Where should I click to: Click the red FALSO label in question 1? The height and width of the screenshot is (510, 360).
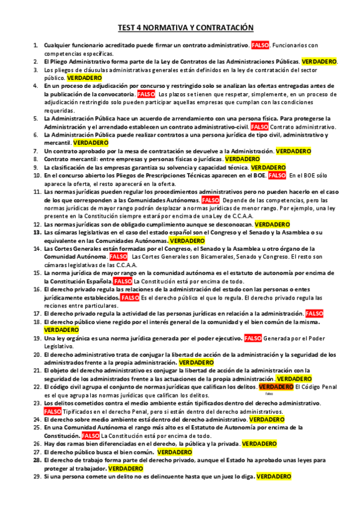[x=260, y=46]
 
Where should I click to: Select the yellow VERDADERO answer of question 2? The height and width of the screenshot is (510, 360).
[x=319, y=61]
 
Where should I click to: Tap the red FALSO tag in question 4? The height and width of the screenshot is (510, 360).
[x=146, y=94]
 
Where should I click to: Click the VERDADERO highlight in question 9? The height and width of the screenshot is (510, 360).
[x=268, y=167]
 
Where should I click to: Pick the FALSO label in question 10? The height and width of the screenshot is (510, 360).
[x=277, y=175]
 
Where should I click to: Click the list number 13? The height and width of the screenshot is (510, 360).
[x=37, y=232]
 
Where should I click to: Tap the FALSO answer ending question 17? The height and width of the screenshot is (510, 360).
[x=314, y=313]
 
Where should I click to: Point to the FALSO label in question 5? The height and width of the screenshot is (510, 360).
[x=260, y=127]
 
